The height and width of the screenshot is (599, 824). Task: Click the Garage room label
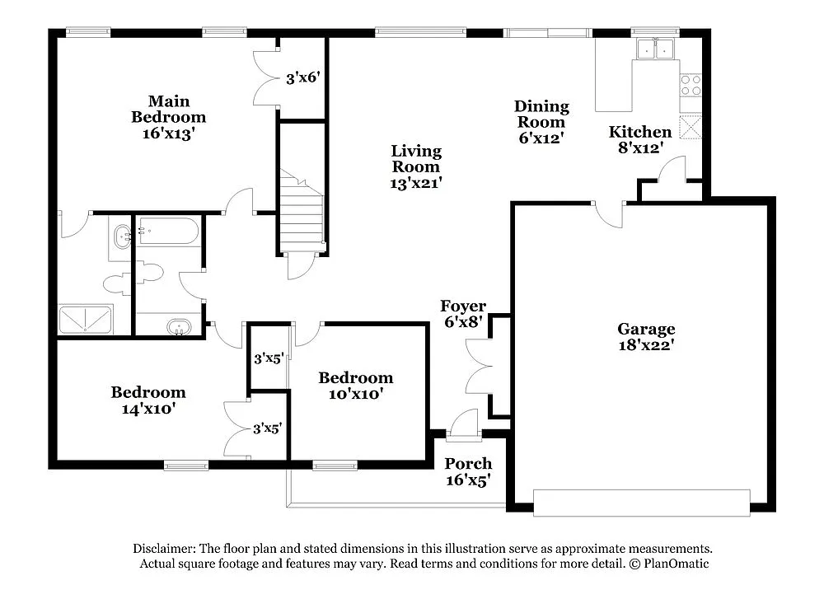[646, 330]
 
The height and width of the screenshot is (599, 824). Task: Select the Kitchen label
[640, 132]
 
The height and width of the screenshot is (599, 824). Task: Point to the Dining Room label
[541, 114]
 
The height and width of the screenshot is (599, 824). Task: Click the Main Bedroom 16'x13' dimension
[168, 133]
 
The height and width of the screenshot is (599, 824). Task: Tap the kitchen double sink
[655, 49]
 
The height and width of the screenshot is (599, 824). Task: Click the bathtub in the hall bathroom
[168, 232]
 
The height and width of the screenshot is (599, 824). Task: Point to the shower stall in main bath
[85, 319]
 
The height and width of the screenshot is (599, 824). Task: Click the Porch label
[468, 464]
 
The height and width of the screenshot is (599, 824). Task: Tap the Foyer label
[463, 307]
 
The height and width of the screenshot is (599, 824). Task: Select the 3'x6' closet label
[302, 79]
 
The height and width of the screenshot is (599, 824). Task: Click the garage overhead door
[641, 503]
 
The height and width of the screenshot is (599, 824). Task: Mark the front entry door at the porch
[464, 424]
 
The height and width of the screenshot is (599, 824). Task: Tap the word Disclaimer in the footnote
[162, 549]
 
